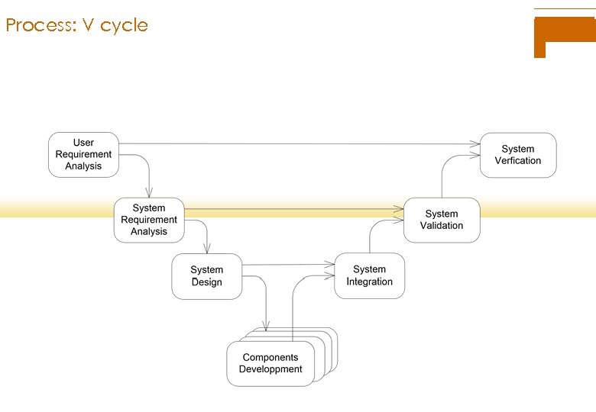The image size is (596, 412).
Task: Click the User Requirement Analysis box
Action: (x=83, y=155)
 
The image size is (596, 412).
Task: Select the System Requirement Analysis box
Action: (x=149, y=220)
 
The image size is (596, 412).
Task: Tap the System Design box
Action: (x=206, y=276)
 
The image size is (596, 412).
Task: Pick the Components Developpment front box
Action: (x=270, y=363)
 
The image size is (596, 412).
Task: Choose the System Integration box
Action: (x=369, y=275)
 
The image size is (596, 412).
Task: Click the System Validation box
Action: (x=441, y=220)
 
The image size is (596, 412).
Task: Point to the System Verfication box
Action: (x=517, y=155)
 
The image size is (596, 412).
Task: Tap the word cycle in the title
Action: (x=124, y=25)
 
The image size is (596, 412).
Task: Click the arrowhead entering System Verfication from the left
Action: (x=475, y=143)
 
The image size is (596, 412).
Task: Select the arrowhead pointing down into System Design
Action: (x=206, y=249)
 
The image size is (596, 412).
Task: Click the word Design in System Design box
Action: (x=206, y=282)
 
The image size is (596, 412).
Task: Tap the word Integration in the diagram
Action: (x=369, y=282)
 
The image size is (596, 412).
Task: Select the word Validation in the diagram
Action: (x=441, y=226)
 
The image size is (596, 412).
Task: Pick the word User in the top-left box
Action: (x=83, y=143)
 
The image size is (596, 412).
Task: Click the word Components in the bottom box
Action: (x=270, y=357)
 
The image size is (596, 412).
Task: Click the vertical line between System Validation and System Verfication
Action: (x=442, y=183)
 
